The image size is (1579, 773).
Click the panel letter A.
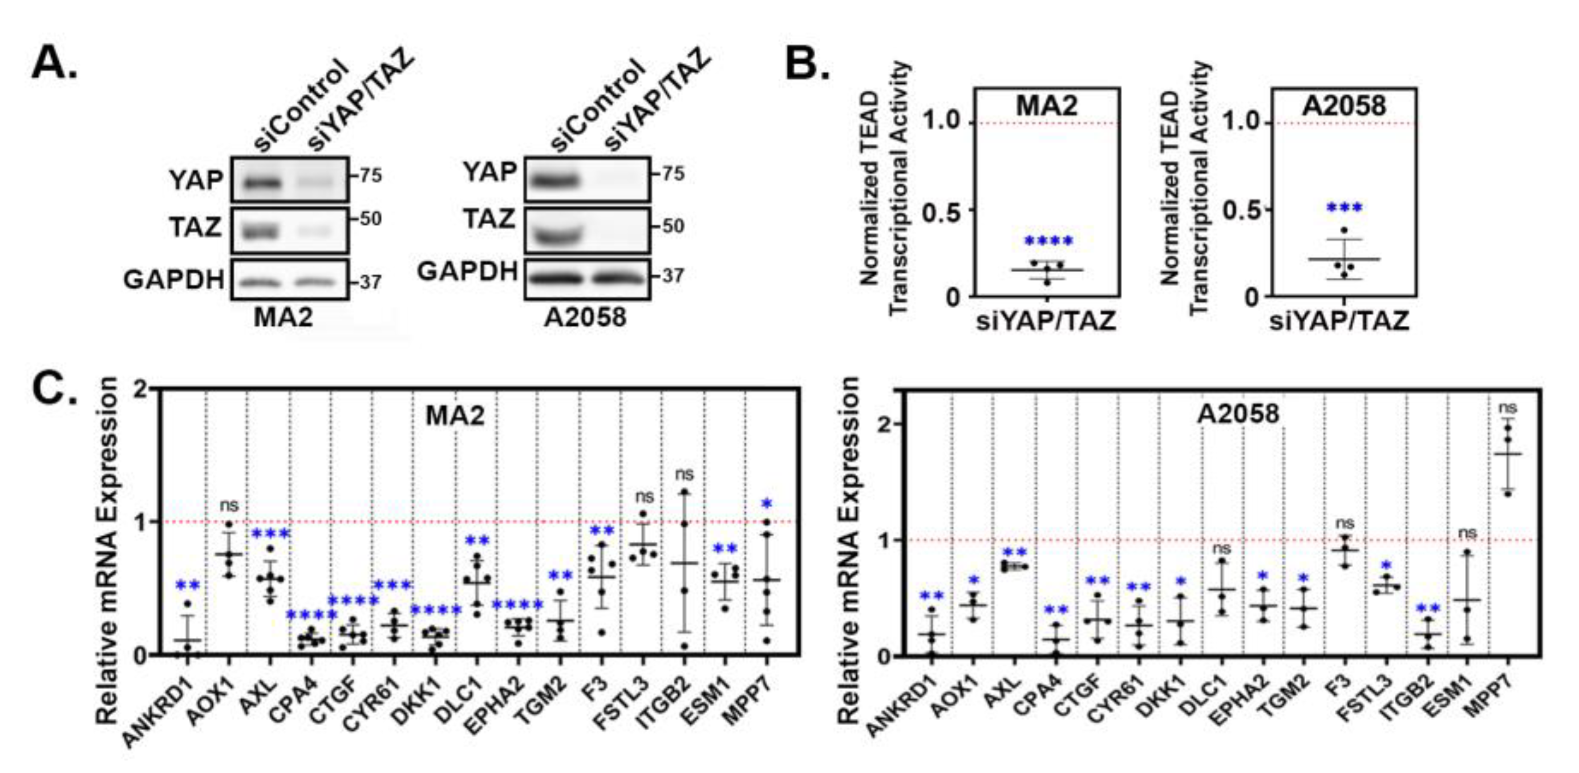click(54, 64)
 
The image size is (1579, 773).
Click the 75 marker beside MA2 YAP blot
click(370, 176)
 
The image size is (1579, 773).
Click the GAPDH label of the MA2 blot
click(173, 280)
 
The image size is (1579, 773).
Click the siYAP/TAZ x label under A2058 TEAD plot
click(1339, 321)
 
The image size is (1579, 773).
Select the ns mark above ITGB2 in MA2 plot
click(685, 474)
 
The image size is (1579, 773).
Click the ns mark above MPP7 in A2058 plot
click(1507, 408)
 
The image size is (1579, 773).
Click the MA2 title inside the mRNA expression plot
click(455, 416)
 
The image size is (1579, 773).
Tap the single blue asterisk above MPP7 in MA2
click(766, 504)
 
